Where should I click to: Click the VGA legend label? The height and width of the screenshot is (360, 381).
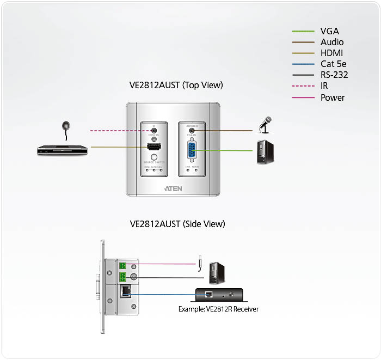coord(330,31)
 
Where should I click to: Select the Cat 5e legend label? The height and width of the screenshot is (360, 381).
coord(334,64)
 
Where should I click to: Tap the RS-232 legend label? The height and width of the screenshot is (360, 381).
coord(334,75)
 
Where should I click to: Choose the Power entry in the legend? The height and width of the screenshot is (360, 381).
coord(333,97)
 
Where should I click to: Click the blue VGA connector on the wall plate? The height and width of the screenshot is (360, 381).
coord(192,150)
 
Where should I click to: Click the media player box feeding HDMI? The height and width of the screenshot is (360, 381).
coord(62,149)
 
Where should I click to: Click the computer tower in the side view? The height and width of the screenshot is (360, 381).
coord(217,273)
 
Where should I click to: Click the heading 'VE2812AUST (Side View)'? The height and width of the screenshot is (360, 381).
coord(177,224)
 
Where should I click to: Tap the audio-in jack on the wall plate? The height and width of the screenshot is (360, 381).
coord(192,130)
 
